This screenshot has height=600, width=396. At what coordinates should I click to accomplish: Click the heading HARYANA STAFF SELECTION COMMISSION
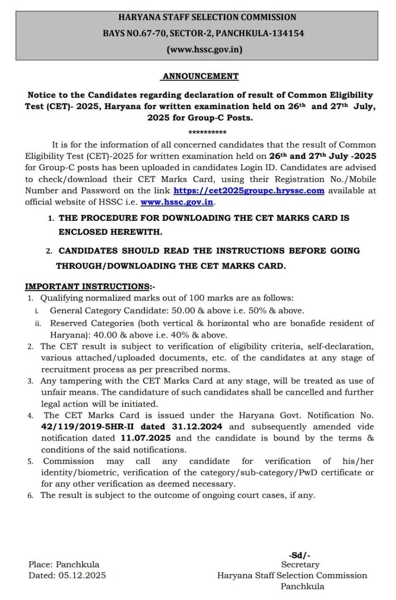tap(207, 17)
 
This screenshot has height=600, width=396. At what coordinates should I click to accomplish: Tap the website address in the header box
tap(205, 49)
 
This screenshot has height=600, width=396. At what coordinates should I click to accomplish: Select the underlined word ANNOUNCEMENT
tap(200, 76)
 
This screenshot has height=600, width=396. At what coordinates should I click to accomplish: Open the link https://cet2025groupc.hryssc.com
tap(249, 191)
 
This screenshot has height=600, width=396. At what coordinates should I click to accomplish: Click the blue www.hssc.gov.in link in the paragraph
tap(177, 202)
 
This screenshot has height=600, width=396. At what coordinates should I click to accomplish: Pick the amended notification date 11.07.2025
tap(145, 438)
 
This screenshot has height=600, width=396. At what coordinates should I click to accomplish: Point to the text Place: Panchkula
tap(64, 564)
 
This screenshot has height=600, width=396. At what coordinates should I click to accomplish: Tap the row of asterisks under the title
tap(207, 132)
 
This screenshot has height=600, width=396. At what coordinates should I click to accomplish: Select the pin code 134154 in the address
tap(288, 33)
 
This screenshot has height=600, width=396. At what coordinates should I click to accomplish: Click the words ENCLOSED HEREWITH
tap(110, 232)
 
